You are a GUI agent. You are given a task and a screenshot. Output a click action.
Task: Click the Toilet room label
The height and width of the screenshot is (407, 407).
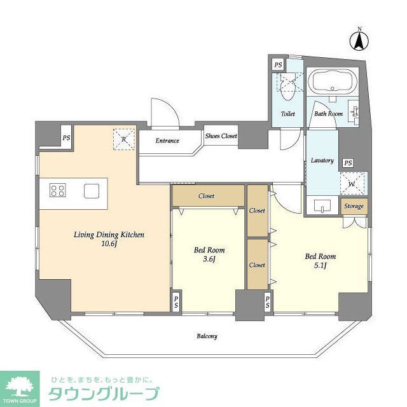[287, 114]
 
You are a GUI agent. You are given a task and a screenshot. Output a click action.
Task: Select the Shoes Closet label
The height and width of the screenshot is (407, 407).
[221, 136]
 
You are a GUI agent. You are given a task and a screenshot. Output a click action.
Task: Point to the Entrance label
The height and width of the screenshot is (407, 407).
[167, 141]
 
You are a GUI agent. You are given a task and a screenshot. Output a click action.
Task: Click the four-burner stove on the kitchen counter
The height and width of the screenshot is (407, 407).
[57, 190]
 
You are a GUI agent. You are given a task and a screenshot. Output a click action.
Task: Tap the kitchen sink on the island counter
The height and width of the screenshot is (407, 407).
[91, 190]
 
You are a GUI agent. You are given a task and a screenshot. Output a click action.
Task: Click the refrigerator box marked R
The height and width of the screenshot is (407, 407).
[124, 139]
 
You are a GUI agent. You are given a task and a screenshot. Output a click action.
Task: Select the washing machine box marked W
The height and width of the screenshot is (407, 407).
[350, 183]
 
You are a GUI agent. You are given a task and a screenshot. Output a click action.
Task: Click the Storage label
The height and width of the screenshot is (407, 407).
[354, 206]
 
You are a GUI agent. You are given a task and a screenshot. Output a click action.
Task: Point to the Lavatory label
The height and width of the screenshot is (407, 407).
[322, 160]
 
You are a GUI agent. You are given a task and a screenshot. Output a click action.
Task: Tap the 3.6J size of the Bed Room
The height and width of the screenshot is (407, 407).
[209, 259]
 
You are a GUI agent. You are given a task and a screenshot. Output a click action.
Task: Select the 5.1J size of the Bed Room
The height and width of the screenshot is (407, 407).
[321, 266]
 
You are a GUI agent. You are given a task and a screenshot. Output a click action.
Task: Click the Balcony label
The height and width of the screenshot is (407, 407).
[207, 336]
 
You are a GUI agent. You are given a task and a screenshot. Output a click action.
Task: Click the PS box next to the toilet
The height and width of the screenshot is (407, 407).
[277, 65]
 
